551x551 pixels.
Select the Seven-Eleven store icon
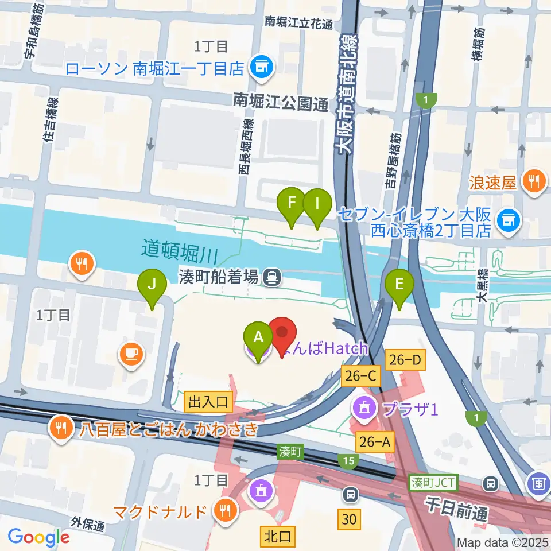pyautogui.click(x=507, y=218)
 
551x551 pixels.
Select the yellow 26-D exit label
pyautogui.click(x=407, y=359)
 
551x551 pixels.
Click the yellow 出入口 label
pyautogui.click(x=208, y=401)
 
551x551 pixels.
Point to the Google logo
pyautogui.click(x=38, y=537)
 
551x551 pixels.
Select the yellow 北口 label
pyautogui.click(x=278, y=536)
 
